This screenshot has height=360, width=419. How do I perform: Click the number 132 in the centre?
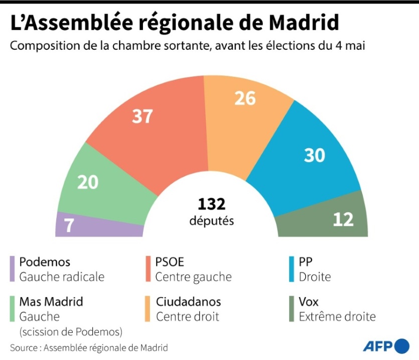pos(211,204)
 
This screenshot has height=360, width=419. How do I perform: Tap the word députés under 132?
pos(211,221)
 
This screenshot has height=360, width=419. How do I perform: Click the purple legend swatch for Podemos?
pos(12,269)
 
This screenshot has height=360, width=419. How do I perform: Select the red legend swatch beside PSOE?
pos(149,269)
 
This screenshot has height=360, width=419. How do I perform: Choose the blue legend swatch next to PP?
pos(292,269)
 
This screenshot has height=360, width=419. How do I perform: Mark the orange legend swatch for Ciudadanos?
pos(149,309)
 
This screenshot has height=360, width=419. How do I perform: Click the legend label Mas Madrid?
pos(51,302)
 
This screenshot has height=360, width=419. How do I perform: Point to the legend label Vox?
pos(309,302)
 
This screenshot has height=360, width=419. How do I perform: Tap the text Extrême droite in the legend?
pos(337,317)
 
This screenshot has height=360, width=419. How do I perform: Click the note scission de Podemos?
pos(70,331)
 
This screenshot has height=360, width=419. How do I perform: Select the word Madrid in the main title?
pos(304,23)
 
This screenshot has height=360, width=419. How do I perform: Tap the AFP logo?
pos(386,346)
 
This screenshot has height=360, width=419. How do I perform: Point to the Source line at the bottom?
pos(89,347)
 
